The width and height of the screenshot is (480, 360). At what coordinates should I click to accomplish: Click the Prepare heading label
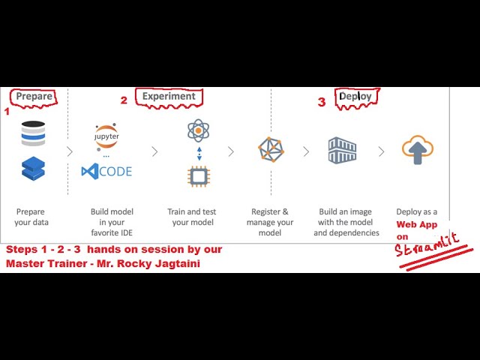[34, 96]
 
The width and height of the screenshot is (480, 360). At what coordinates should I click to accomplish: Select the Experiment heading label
[169, 96]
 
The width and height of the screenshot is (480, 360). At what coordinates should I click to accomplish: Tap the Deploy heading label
[355, 96]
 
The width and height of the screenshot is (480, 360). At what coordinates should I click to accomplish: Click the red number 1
[7, 111]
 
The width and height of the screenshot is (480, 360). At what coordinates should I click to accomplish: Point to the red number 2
[124, 100]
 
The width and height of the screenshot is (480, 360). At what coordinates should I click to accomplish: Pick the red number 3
[321, 103]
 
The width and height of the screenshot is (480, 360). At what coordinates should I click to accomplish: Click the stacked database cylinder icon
[33, 133]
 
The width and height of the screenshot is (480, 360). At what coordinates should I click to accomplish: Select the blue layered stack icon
[33, 169]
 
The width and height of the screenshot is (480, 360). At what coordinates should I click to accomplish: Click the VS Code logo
[106, 171]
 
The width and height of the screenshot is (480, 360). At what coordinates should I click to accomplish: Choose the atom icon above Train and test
[198, 130]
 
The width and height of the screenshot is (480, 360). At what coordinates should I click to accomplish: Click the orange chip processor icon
[198, 176]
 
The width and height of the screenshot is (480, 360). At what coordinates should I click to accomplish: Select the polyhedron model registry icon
[271, 150]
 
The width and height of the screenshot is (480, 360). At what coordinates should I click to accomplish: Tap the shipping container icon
[342, 150]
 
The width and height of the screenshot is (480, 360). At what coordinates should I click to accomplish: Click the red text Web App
[416, 224]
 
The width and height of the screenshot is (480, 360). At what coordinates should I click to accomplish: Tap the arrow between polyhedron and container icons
[306, 151]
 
